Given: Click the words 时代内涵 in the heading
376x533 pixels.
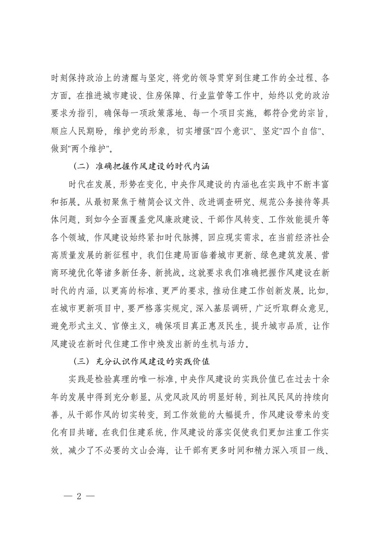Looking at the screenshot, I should [x=189, y=168].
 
